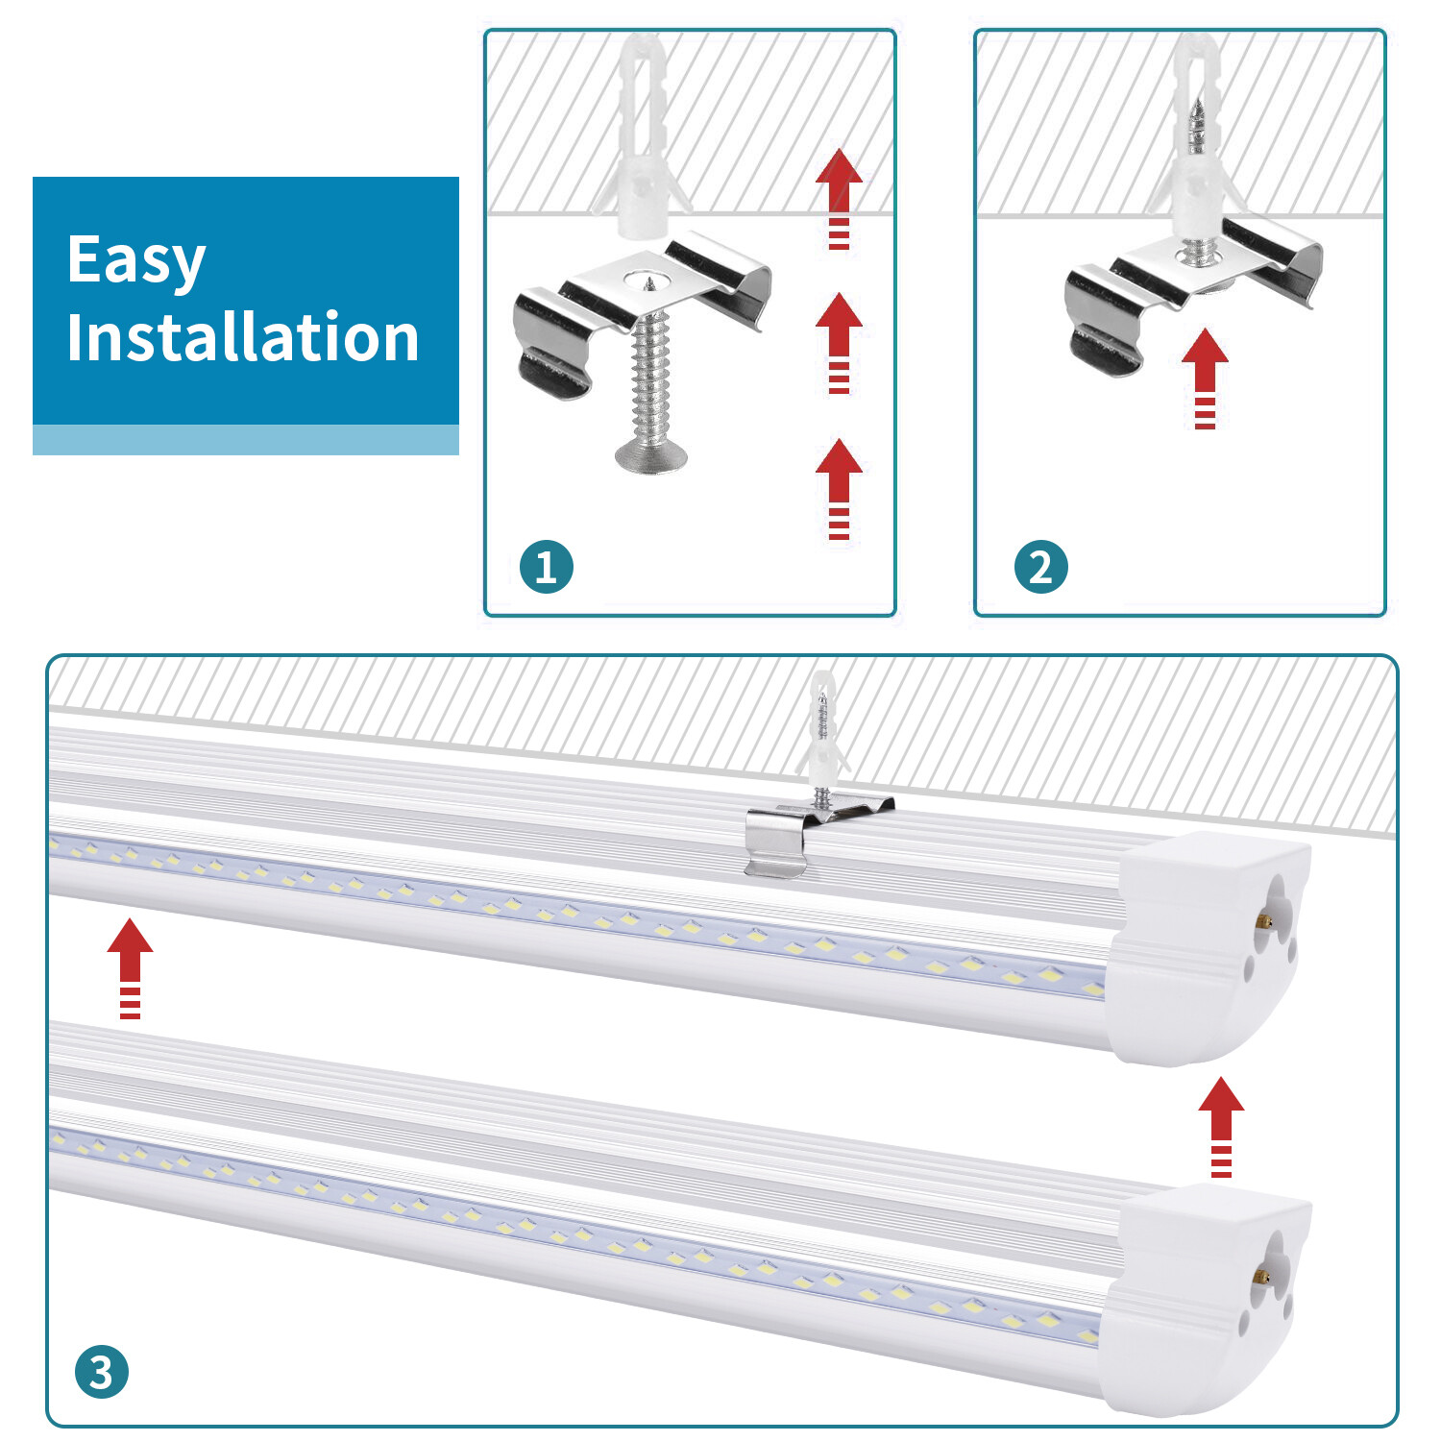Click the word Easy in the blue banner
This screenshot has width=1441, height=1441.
pos(136,260)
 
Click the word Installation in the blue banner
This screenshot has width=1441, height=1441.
pos(242,337)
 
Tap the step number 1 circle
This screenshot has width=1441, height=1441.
pos(546,567)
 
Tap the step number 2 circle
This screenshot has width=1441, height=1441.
pos(1040,567)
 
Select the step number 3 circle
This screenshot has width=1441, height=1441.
pos(101,1372)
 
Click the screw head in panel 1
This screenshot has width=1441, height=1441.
pos(650,455)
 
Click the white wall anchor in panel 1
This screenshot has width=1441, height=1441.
pos(641,144)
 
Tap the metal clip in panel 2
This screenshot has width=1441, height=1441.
pos(1191,288)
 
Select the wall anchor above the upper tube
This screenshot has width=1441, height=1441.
pos(822,730)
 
